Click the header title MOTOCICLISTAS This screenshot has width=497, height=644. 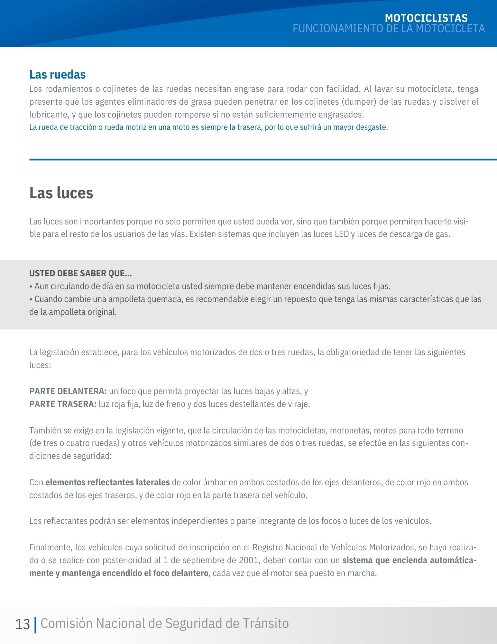pos(426,18)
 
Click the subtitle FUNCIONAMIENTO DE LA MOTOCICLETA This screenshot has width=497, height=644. pos(389,29)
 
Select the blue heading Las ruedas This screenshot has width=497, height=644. pos(57,74)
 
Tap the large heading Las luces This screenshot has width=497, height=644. pos(61,193)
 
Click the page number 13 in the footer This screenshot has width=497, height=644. pos(23,624)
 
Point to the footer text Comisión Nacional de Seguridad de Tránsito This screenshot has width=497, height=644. pos(164,623)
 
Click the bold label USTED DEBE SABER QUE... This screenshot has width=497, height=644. pos(80,273)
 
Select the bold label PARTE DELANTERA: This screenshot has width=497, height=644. pos(68,391)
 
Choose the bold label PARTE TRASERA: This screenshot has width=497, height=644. pos(63,404)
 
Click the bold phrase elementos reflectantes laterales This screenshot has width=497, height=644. pos(107,482)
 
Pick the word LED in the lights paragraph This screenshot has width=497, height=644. pos(342,234)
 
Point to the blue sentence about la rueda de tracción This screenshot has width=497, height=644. pos(208,127)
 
